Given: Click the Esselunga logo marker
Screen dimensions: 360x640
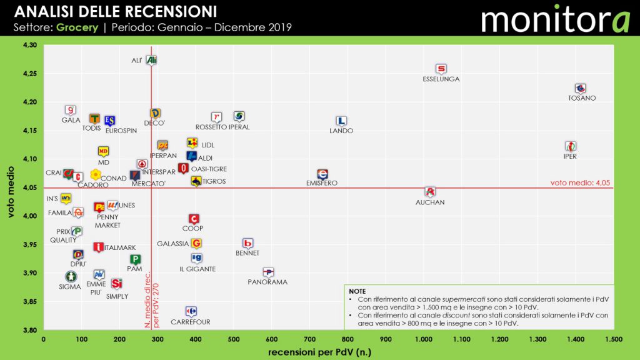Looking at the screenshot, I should (441, 69).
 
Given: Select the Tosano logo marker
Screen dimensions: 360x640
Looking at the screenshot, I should (581, 89).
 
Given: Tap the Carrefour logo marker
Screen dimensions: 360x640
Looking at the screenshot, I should (191, 311).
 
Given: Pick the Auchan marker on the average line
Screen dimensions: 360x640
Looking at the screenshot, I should (429, 192).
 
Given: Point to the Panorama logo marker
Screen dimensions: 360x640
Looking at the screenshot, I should (268, 272).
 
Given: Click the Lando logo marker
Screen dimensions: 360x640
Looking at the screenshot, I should (341, 121).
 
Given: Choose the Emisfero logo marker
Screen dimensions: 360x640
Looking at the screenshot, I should (322, 174).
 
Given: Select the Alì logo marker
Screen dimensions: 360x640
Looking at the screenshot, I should (151, 60).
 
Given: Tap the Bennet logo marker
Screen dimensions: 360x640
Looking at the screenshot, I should (247, 243).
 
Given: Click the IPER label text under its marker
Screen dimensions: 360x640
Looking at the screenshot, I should (570, 156).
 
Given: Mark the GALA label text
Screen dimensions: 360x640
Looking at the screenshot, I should (71, 120).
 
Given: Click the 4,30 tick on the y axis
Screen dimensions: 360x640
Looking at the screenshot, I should (29, 45).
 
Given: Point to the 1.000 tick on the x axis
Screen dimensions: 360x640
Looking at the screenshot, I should (424, 339).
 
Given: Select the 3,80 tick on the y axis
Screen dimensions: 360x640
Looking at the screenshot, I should (29, 330).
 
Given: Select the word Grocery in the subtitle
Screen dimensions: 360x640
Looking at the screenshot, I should (77, 28).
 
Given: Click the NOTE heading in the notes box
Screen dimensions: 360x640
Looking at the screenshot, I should (358, 291).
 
